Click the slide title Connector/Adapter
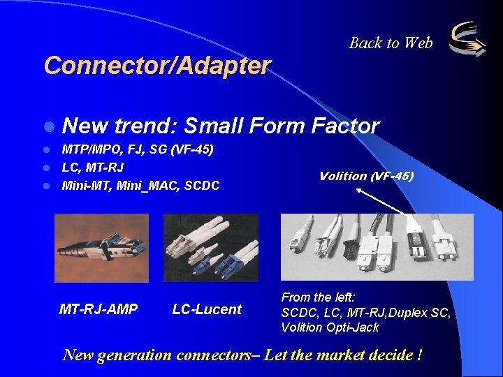point(157,66)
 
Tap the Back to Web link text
point(391,43)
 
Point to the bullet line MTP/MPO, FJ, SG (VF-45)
point(138,149)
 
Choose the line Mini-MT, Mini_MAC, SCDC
point(140,186)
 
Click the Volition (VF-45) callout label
point(366,176)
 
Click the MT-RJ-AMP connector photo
point(102,238)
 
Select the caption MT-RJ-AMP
point(99,309)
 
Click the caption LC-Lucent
point(207,309)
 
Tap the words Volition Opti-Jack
point(330,327)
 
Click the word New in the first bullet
point(85,126)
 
